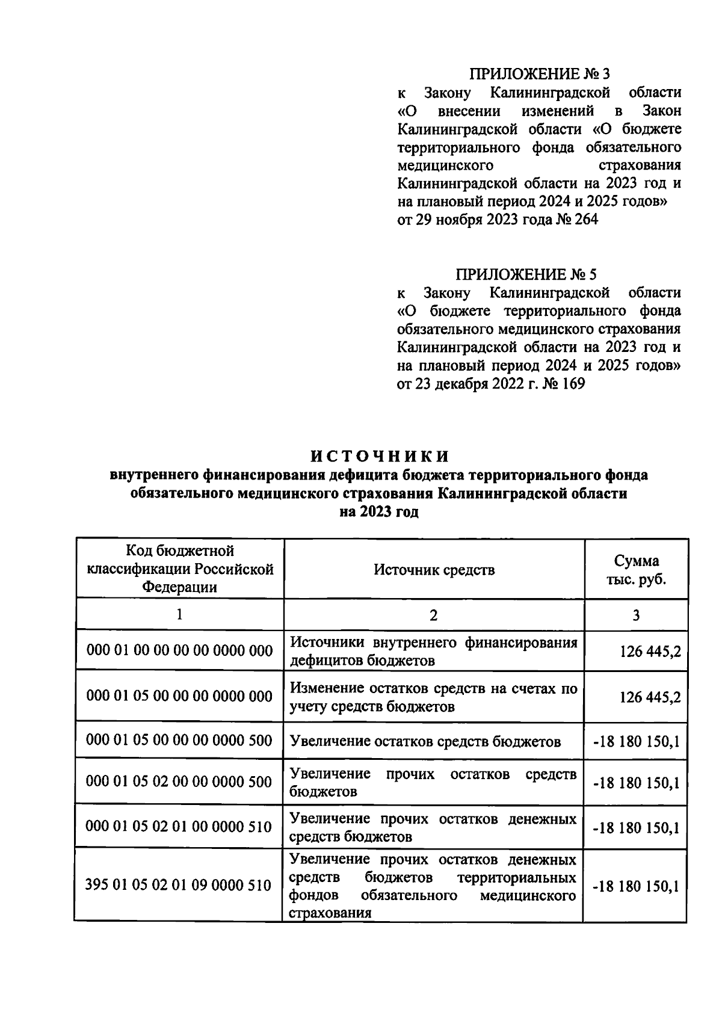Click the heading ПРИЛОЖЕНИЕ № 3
coord(538,74)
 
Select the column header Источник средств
coord(434,569)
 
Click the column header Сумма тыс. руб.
coord(636,569)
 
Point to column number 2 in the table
coord(434,615)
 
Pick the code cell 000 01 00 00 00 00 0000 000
coord(179,650)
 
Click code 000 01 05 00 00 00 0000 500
coord(179,741)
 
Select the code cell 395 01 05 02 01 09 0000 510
coord(179,885)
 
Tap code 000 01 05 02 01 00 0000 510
coord(179,827)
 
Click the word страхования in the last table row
coord(330,913)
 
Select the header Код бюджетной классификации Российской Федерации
coord(179,569)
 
